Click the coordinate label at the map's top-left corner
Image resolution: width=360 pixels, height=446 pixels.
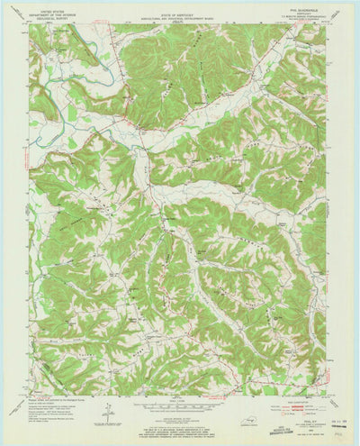coord(27,22)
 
